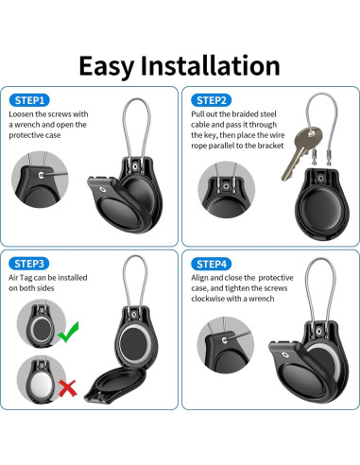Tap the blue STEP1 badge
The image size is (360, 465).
(31, 99)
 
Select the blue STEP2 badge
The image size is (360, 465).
(212, 99)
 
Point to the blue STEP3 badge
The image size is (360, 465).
(31, 262)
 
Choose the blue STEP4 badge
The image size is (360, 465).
(212, 262)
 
